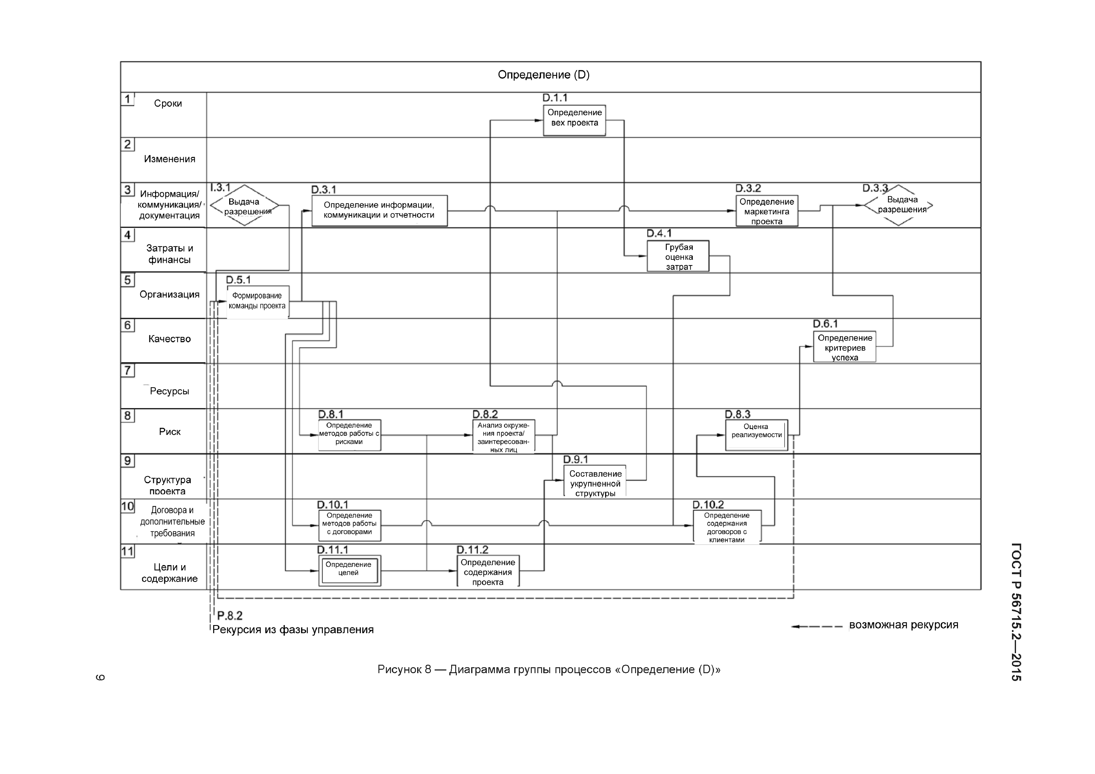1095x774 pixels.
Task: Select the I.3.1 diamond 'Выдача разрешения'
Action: pyautogui.click(x=244, y=205)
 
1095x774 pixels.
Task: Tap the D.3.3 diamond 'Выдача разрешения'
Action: pyautogui.click(x=899, y=205)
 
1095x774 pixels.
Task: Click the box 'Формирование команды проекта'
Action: pyautogui.click(x=258, y=301)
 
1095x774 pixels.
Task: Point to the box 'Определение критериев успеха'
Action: pyautogui.click(x=844, y=347)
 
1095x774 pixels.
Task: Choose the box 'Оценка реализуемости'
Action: pyautogui.click(x=757, y=434)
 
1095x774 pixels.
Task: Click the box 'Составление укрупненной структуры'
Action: pyautogui.click(x=595, y=482)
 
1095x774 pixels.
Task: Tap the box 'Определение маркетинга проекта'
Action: pyautogui.click(x=767, y=211)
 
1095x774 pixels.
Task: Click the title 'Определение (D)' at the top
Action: pyautogui.click(x=543, y=75)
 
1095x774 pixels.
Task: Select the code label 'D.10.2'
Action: pyautogui.click(x=708, y=505)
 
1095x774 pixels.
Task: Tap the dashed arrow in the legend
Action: pyautogui.click(x=816, y=626)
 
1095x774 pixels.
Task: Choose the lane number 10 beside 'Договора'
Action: pyautogui.click(x=127, y=506)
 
